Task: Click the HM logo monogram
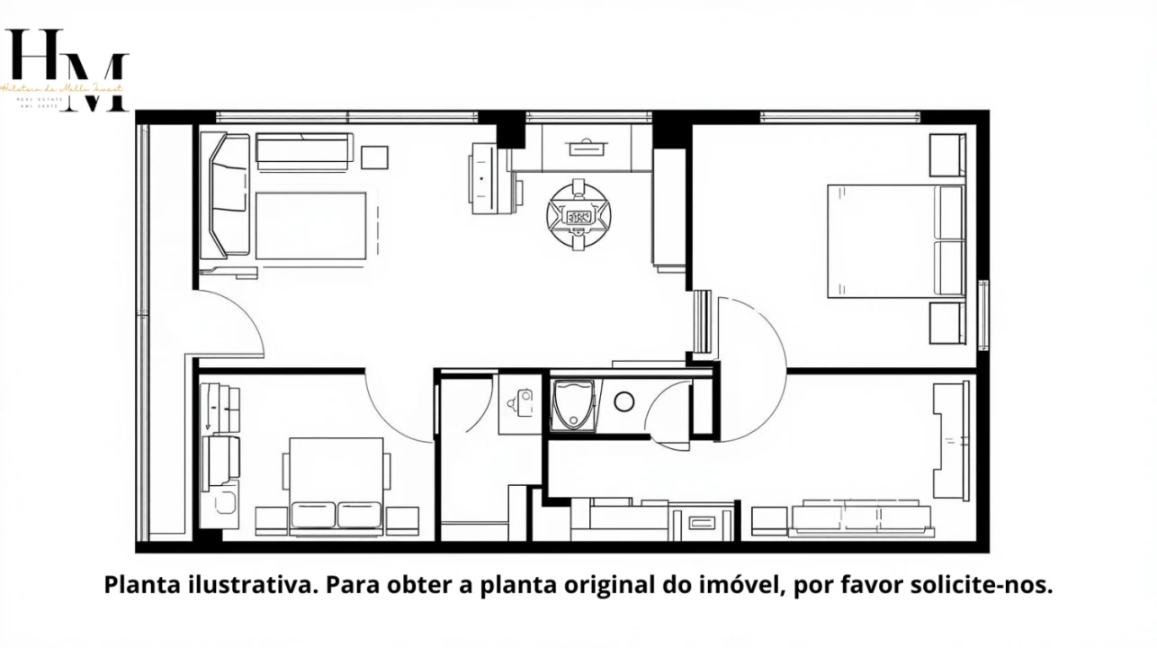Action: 67,69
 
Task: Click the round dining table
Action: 578,216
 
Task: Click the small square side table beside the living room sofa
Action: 374,157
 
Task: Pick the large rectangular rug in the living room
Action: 310,226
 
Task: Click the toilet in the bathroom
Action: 572,405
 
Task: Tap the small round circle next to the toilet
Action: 624,402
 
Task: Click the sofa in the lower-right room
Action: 859,517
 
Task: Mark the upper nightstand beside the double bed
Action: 946,155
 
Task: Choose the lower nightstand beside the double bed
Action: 946,322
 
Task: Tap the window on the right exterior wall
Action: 983,315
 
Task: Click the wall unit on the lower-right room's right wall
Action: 951,441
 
